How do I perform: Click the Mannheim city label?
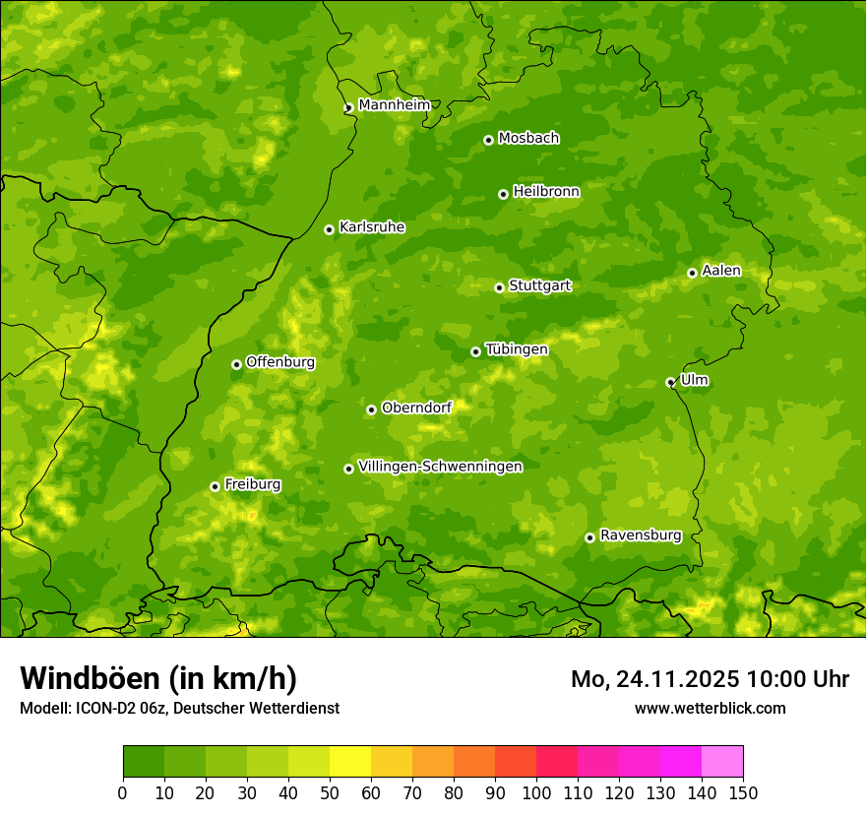point(394,105)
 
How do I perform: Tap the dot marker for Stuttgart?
point(499,287)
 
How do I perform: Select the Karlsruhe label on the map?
point(371,227)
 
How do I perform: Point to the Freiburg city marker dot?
point(215,486)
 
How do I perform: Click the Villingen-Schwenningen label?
point(440,467)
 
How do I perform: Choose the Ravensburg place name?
point(640,535)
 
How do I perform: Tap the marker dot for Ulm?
point(670,382)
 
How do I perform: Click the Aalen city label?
point(721,271)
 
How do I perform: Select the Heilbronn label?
point(546,192)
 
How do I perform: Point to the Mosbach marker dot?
point(488,140)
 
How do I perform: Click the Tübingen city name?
point(517,349)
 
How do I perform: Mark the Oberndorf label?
point(416,408)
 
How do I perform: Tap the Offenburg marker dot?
point(236,364)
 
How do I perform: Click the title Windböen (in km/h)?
point(157,678)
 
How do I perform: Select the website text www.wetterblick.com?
point(710,708)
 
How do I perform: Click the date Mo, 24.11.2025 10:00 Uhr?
point(710,679)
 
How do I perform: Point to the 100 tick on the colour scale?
point(536,792)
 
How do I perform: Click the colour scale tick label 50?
point(330,792)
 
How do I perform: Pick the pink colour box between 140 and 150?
point(722,761)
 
